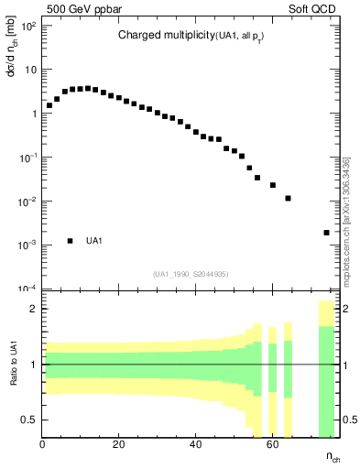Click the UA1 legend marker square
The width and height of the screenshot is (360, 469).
pos(70,241)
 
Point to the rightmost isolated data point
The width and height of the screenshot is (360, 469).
pos(326,233)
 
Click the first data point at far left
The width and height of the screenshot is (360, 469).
pos(49,105)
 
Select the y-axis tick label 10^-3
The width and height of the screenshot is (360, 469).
pos(27,245)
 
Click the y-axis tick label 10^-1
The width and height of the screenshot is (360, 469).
pos(27,158)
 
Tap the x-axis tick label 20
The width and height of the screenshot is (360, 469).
pos(118,444)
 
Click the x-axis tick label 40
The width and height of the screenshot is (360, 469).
pos(195,444)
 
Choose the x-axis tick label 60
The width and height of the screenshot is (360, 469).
pos(272,444)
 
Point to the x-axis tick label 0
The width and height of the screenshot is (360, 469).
pos(42,444)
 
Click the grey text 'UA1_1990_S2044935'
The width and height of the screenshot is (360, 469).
pos(191,274)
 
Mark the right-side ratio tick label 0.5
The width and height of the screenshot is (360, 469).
pos(349,420)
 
